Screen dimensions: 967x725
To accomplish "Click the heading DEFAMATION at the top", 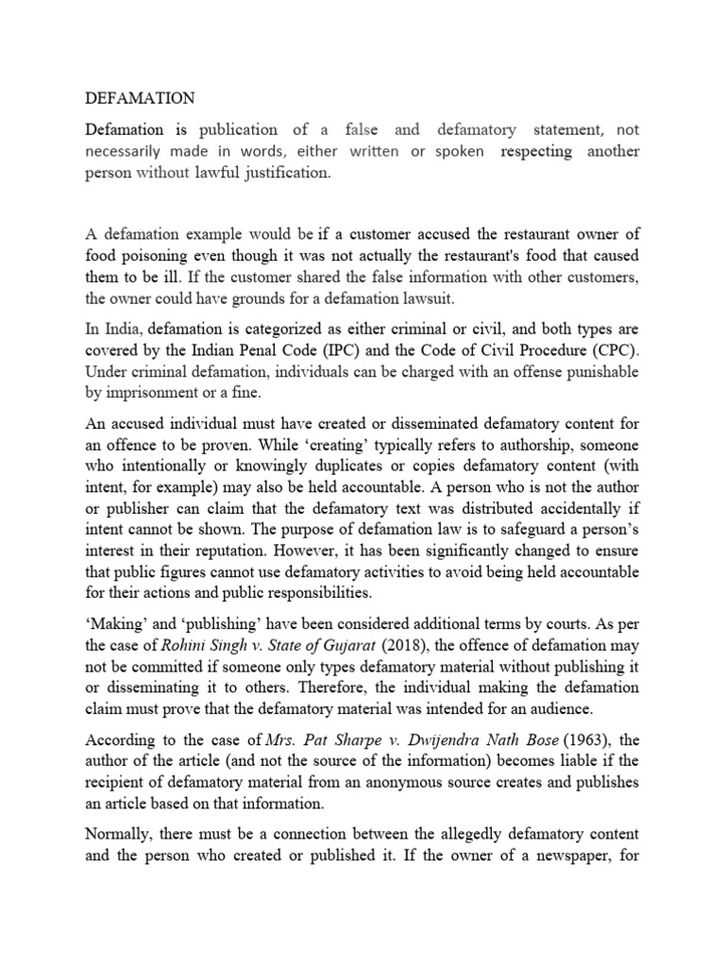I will coord(141,97).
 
